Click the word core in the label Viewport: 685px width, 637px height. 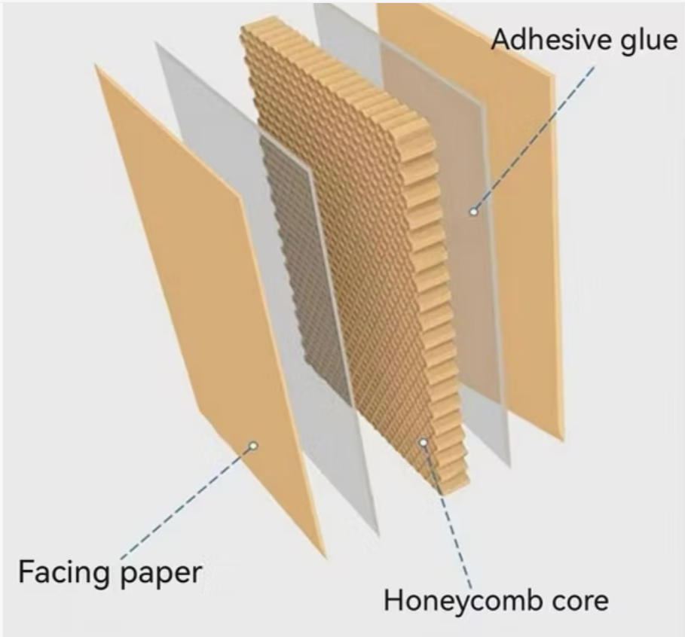point(576,601)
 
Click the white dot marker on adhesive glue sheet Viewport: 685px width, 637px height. point(474,212)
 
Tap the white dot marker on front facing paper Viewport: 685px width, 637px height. point(254,446)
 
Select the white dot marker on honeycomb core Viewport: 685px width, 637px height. point(424,443)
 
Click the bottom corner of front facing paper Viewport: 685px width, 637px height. point(324,556)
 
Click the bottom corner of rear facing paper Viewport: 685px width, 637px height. point(562,439)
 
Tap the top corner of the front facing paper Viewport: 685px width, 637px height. point(96,66)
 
